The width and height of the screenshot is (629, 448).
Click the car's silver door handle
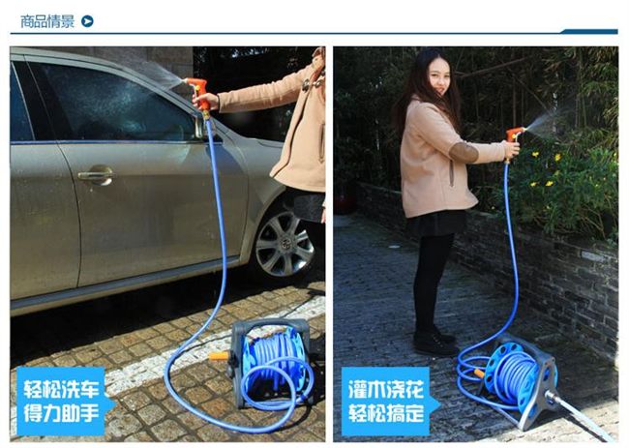[x=96, y=175]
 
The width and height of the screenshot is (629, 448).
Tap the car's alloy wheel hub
[x=285, y=244]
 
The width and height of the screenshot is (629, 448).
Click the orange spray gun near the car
[x=201, y=96]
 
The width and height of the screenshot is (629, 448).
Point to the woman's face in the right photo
[x=439, y=76]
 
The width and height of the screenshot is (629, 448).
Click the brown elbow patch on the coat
[x=464, y=153]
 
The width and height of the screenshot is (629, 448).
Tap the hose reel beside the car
[x=271, y=362]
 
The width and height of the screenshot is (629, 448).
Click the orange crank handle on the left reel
[x=220, y=356]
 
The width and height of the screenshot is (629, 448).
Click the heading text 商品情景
[x=47, y=21]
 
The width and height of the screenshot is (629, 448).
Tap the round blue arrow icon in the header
[x=87, y=21]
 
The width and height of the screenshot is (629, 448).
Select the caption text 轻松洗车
[x=61, y=389]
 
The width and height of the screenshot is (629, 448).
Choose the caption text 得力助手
[x=61, y=413]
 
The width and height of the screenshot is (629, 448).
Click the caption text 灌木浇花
[x=386, y=389]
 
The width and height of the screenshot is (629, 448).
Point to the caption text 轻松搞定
[x=386, y=413]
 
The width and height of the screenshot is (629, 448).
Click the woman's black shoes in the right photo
[x=434, y=341]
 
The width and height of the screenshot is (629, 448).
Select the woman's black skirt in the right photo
[x=435, y=223]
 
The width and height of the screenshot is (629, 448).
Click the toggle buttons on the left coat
[x=313, y=82]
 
